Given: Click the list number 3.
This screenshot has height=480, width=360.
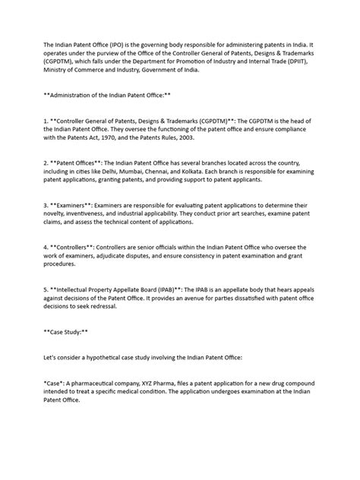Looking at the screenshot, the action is (x=47, y=204).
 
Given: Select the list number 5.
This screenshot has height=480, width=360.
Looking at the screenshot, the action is (x=47, y=290).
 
